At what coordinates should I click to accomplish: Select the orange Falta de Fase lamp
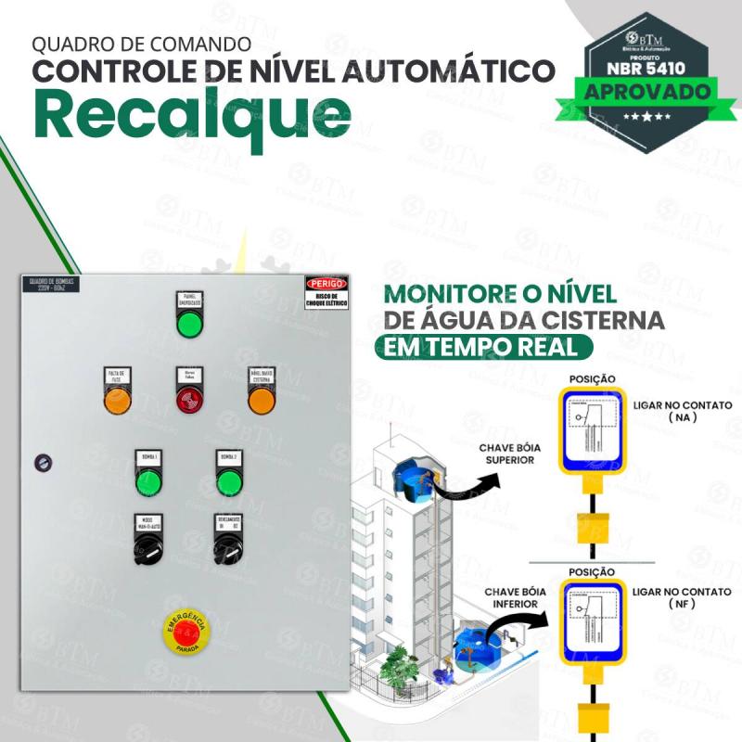117,401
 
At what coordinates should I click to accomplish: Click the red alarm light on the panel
189,400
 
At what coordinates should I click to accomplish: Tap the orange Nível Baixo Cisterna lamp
261,401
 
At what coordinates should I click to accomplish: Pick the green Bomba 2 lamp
229,482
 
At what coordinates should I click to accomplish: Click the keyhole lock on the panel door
41,460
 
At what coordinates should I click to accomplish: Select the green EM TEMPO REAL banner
483,347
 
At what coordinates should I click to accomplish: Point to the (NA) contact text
682,418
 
